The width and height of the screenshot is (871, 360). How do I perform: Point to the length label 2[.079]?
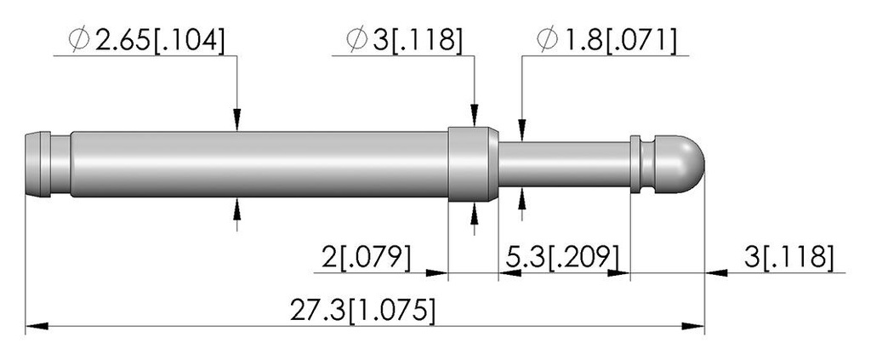point(366,258)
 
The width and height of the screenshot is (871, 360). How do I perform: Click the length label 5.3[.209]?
point(563,258)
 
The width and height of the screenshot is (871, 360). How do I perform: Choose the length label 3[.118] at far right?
point(788,258)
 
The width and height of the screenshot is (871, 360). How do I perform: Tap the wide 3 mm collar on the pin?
point(473,164)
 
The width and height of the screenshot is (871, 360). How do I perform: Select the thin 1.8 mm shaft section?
point(565,164)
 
